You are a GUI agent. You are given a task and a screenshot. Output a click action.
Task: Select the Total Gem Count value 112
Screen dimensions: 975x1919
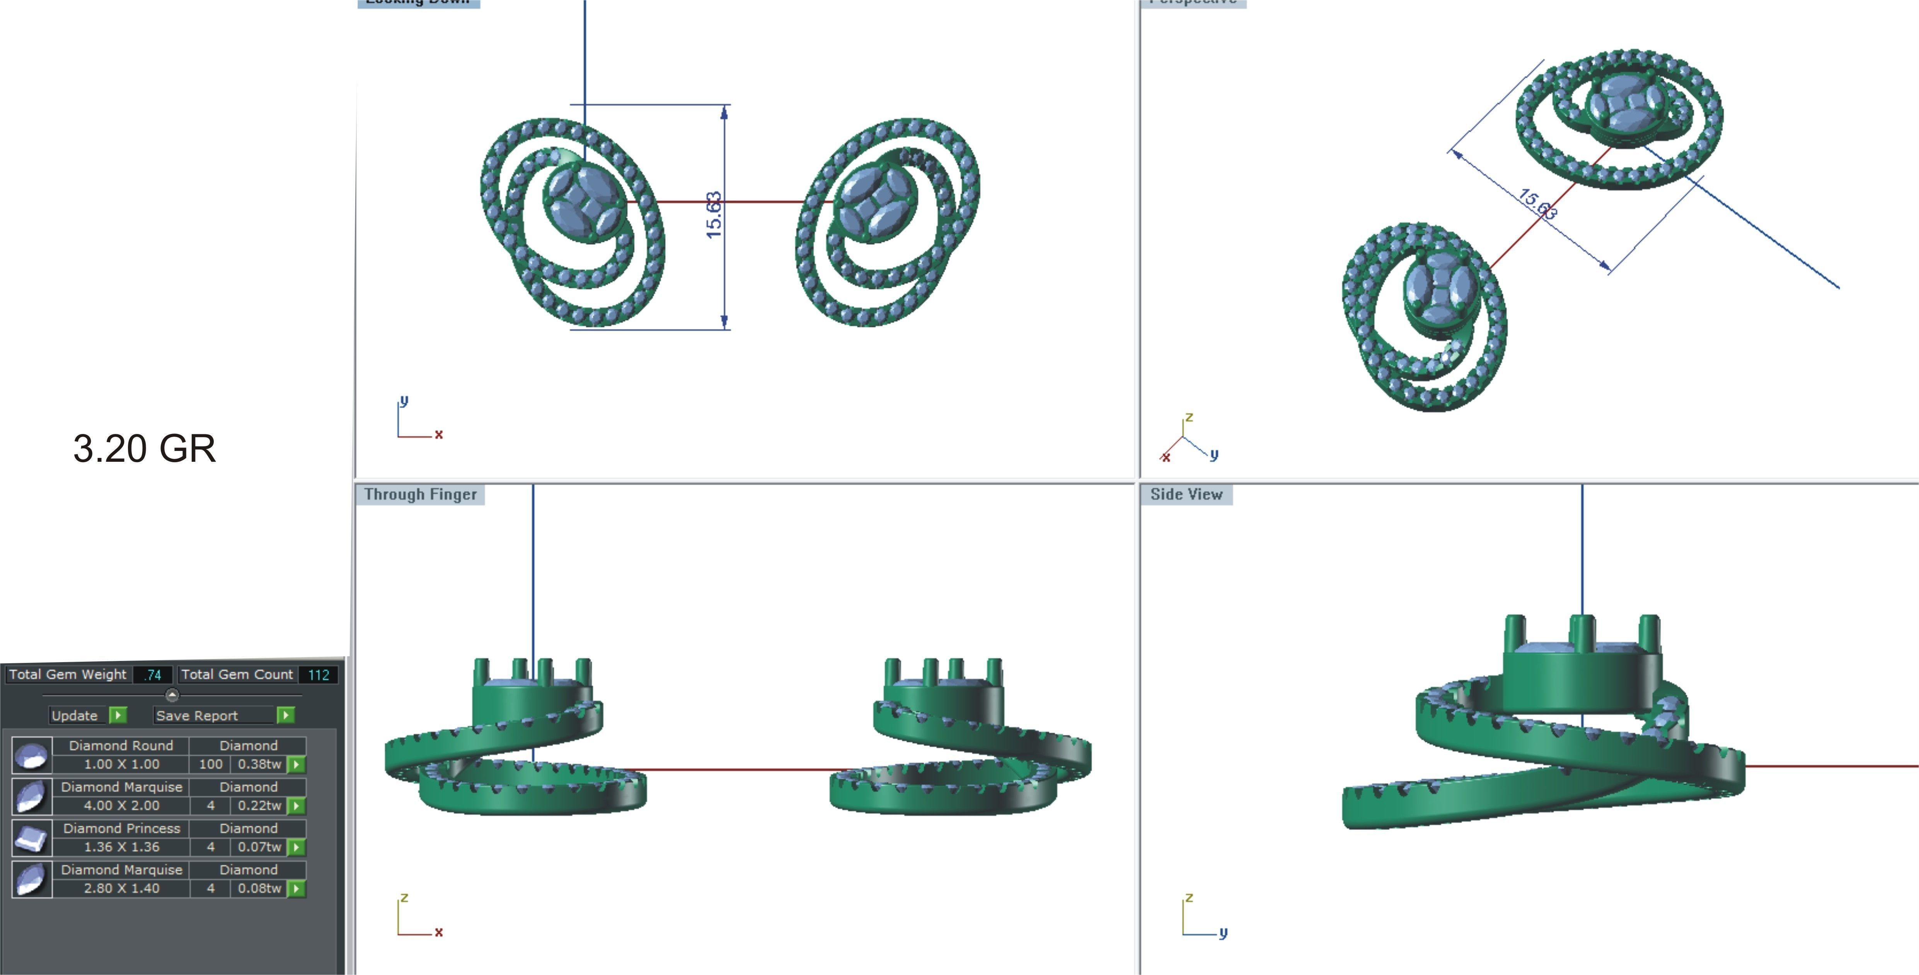[x=319, y=674]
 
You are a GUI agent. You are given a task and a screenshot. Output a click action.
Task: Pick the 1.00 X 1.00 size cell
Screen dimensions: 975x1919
[x=121, y=764]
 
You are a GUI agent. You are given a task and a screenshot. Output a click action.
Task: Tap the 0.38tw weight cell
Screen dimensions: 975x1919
[x=259, y=764]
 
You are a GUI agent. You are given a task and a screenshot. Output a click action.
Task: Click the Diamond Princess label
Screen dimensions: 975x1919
[x=121, y=828]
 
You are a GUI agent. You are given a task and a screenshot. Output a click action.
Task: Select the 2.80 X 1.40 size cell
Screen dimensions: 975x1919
[x=121, y=888]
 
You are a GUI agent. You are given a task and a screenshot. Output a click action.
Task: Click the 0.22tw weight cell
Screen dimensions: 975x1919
[x=259, y=806]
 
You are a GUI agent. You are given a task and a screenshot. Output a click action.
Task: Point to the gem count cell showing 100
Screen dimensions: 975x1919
[x=211, y=764]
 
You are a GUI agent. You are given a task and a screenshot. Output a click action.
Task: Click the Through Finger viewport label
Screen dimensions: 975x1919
[x=420, y=494]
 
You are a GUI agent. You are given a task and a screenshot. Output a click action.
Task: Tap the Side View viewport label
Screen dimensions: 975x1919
[x=1186, y=494]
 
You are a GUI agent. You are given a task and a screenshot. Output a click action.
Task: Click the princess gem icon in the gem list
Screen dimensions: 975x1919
[x=31, y=838]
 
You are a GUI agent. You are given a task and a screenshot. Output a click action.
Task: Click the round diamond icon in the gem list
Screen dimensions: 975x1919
[x=31, y=756]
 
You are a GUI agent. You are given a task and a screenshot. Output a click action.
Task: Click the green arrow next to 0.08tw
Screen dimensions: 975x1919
[x=297, y=888]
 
